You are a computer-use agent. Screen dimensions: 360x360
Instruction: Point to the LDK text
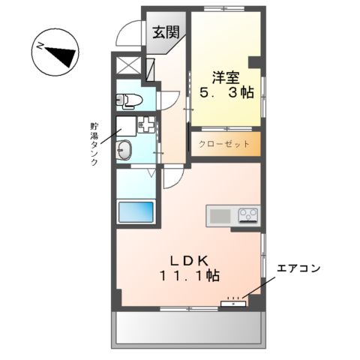tap(187, 259)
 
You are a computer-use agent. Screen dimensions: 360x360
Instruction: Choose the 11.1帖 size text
tap(187, 276)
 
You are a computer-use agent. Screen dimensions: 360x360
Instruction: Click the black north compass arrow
tap(60, 52)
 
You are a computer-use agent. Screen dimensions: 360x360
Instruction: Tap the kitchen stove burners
tap(247, 216)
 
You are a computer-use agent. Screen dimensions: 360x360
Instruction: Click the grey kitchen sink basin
tap(220, 216)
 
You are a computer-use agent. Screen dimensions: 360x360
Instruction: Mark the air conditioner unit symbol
tap(234, 303)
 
